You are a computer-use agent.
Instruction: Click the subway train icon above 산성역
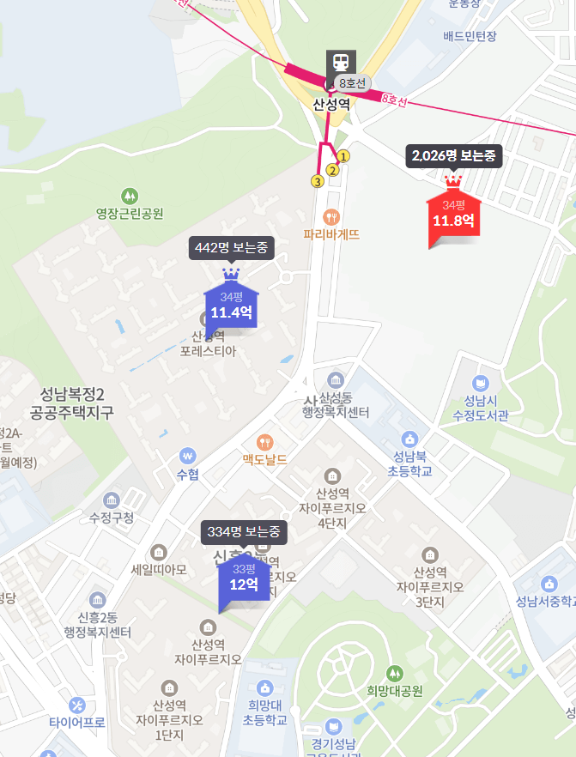point(340,62)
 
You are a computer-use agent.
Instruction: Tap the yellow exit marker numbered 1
point(343,156)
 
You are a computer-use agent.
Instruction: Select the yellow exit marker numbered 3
point(318,181)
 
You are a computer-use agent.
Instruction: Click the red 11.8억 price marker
point(452,220)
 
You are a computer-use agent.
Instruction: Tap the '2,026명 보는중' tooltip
point(453,156)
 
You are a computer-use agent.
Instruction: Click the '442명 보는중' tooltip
point(232,248)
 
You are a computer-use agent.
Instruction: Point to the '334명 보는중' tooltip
point(244,532)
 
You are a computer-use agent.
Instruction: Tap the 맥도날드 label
point(264,460)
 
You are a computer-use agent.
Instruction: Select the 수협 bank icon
point(187,455)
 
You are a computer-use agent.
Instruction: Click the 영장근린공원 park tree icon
point(130,197)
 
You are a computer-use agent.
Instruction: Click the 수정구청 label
point(112,518)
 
